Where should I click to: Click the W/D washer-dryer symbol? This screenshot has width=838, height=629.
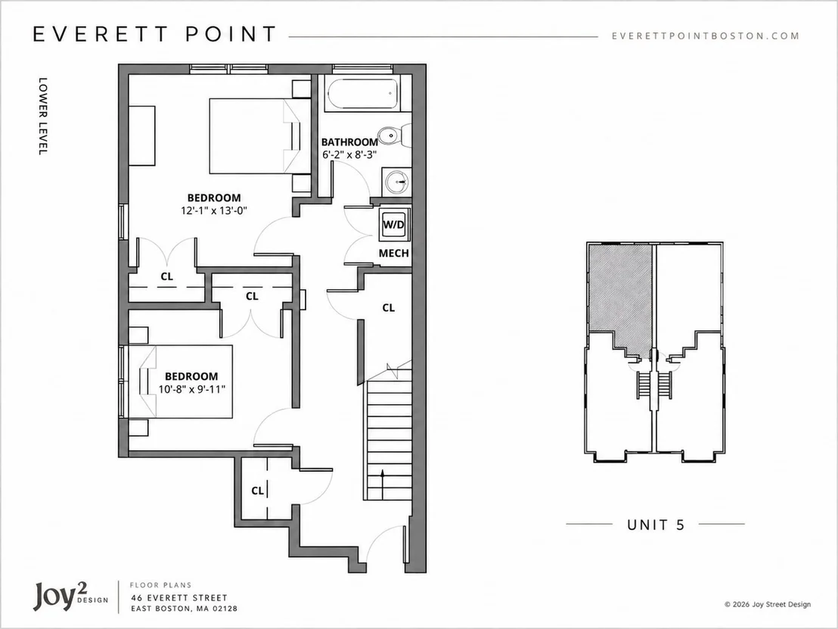[x=394, y=225]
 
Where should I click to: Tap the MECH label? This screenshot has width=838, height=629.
[x=394, y=253]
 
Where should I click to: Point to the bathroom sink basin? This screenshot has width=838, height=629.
[x=396, y=182]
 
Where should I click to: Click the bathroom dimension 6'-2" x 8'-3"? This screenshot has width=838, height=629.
[x=349, y=155]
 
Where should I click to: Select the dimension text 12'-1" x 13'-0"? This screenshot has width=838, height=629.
[x=214, y=210]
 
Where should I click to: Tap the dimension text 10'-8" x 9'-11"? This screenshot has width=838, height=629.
[x=192, y=389]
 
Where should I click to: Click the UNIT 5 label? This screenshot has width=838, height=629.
[x=656, y=525]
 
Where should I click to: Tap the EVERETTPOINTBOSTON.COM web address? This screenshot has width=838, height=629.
[x=706, y=36]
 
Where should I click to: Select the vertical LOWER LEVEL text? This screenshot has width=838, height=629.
[x=43, y=117]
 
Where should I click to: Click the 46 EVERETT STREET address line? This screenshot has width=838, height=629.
[x=179, y=597]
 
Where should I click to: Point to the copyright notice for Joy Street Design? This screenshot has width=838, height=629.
[x=768, y=604]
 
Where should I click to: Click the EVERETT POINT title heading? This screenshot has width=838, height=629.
[x=154, y=34]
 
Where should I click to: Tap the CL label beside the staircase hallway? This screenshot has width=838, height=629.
[x=389, y=307]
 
